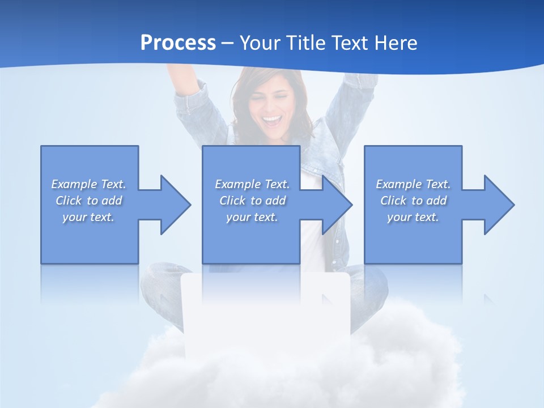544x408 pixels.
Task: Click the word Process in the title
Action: click(x=178, y=43)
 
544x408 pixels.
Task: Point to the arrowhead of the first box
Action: click(x=175, y=205)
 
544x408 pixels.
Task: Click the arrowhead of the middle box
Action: click(x=337, y=205)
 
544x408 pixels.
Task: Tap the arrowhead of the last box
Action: click(x=499, y=205)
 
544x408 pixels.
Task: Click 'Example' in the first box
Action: click(x=74, y=184)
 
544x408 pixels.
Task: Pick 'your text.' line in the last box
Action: click(x=413, y=217)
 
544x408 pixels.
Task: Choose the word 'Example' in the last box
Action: click(x=399, y=184)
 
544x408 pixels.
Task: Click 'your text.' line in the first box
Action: click(x=88, y=217)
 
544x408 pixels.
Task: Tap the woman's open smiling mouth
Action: click(x=271, y=121)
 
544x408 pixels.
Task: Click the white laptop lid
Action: click(x=266, y=312)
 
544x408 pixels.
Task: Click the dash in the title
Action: click(x=228, y=43)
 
